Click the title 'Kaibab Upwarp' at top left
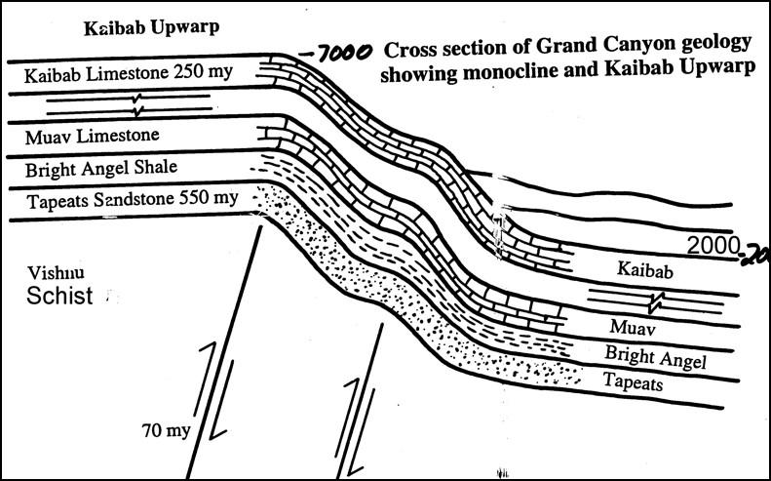(x=151, y=28)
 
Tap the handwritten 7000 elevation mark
(x=337, y=53)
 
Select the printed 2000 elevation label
(x=713, y=245)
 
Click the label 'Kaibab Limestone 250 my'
(x=129, y=74)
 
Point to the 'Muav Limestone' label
(x=92, y=137)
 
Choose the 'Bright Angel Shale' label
(x=100, y=169)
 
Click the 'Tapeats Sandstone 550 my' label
(x=133, y=200)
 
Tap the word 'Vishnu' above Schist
(x=56, y=273)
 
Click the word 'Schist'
(x=59, y=296)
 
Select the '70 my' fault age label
(x=167, y=430)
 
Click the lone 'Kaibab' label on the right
(x=644, y=269)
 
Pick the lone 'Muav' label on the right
(x=632, y=327)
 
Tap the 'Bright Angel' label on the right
(x=655, y=357)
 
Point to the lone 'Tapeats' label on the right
(x=633, y=381)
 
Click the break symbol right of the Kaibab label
(x=656, y=301)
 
